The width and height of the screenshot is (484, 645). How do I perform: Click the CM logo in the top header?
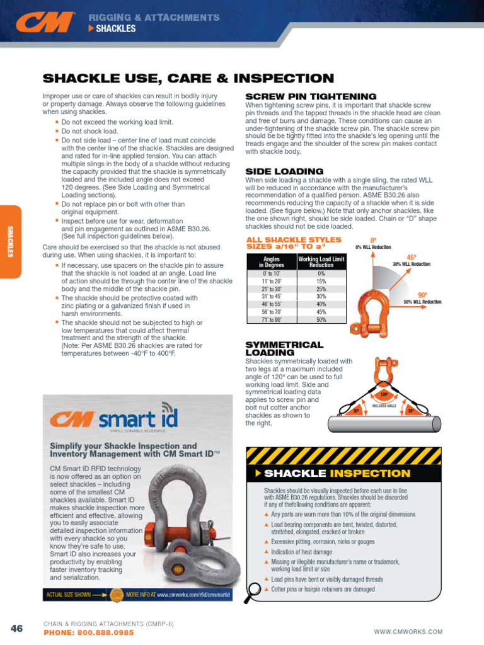pyautogui.click(x=46, y=23)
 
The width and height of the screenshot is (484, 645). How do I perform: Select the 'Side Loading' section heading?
pyautogui.click(x=275, y=171)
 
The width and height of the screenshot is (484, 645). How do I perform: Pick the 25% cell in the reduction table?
pyautogui.click(x=321, y=288)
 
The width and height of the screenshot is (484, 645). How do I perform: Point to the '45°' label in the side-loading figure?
pyautogui.click(x=412, y=257)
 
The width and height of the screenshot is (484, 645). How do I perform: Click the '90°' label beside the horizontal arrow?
pyautogui.click(x=423, y=295)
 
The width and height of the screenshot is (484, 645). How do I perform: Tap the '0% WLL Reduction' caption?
pyautogui.click(x=373, y=248)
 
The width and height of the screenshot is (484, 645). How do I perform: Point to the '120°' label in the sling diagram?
pyautogui.click(x=384, y=396)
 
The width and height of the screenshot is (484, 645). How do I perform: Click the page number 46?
pyautogui.click(x=17, y=628)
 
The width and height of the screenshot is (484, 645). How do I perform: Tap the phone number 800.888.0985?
pyautogui.click(x=88, y=632)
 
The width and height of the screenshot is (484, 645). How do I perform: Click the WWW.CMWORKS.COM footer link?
pyautogui.click(x=408, y=632)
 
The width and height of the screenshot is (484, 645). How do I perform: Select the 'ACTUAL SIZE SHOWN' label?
pyautogui.click(x=67, y=594)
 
